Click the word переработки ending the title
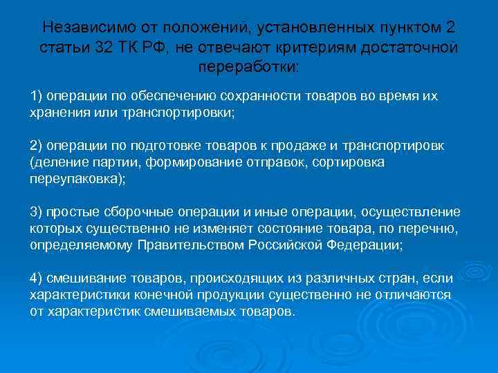248,69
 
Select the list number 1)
37,95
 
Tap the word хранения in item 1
59,111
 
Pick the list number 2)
37,146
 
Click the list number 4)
37,279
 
